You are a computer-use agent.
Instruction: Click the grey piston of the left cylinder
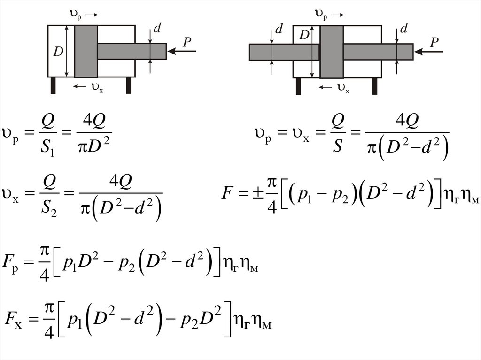[x=86, y=51]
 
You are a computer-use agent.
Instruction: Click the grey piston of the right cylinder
[x=332, y=52]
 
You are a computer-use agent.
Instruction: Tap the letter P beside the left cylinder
[x=187, y=42]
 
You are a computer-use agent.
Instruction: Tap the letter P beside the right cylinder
[x=434, y=42]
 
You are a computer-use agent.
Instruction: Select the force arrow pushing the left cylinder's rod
[x=182, y=51]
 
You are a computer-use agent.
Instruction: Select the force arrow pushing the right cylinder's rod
[x=429, y=52]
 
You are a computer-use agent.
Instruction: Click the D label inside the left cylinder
[x=58, y=51]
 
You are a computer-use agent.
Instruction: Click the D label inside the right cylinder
[x=304, y=35]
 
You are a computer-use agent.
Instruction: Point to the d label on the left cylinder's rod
[x=157, y=28]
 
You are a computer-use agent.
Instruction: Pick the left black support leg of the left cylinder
[x=53, y=85]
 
